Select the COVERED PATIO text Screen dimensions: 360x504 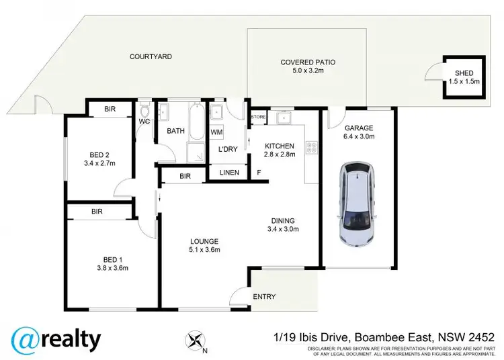308,62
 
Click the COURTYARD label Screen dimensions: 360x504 151,56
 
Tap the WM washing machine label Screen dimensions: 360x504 216,132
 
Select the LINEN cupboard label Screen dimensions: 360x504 230,173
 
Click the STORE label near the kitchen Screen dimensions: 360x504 258,117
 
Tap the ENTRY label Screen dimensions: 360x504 264,297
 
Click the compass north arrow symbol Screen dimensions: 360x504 196,339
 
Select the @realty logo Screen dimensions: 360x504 56,339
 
